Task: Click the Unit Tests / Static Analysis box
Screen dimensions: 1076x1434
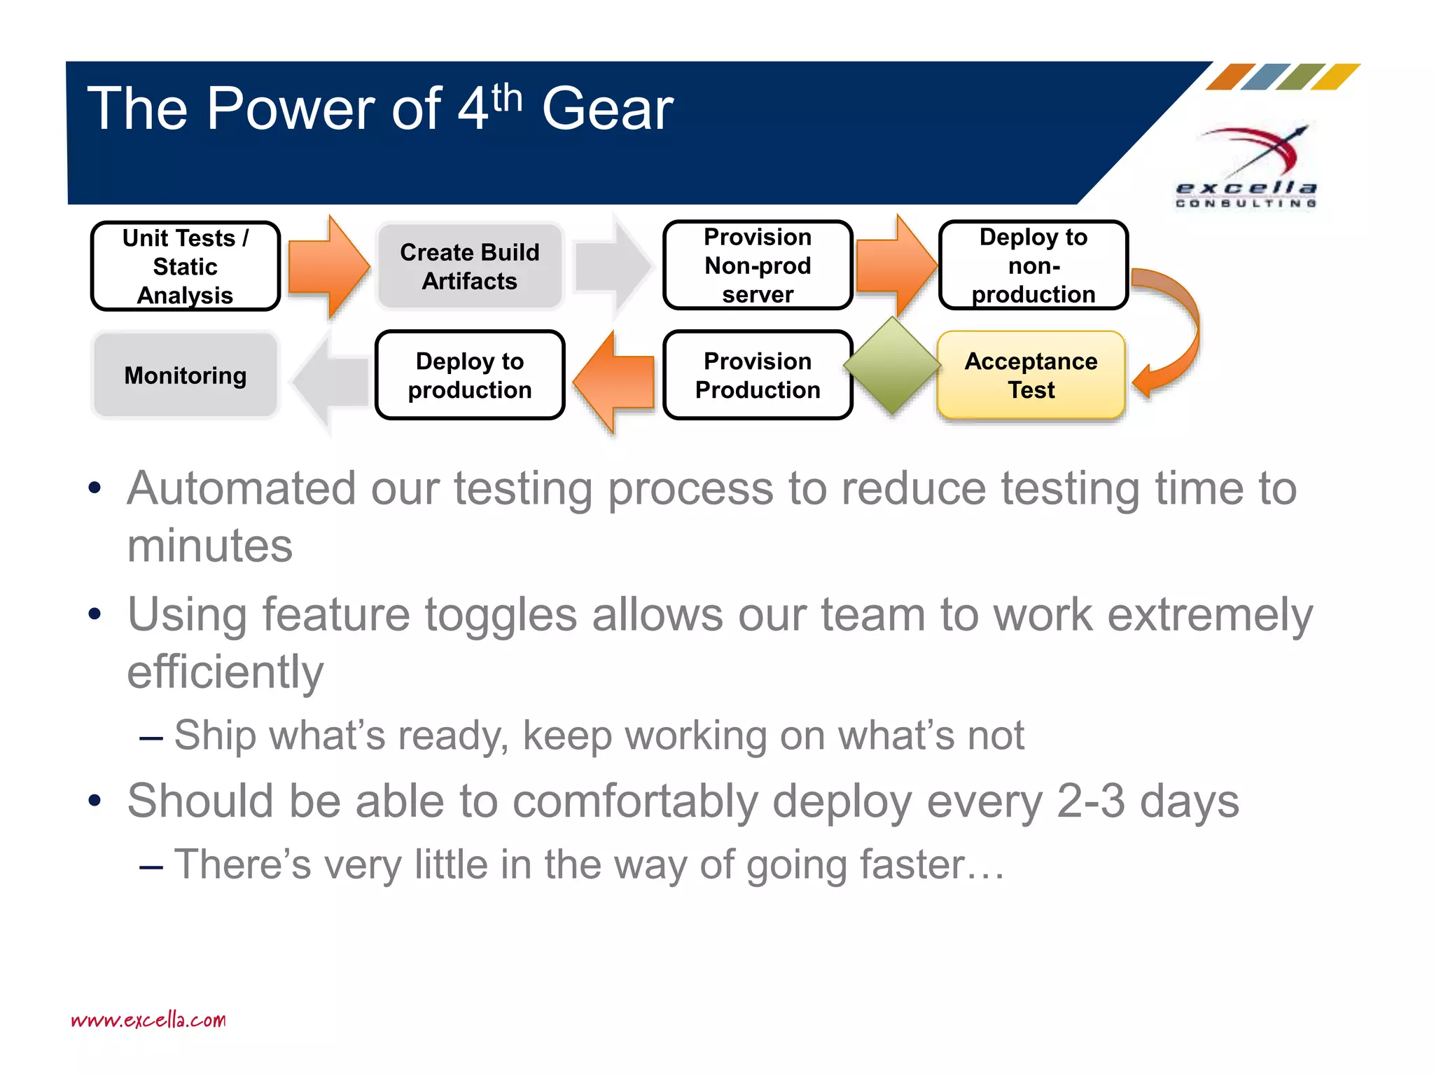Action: (186, 266)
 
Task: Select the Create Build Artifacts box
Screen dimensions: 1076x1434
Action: (469, 266)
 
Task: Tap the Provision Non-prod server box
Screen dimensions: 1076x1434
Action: (758, 265)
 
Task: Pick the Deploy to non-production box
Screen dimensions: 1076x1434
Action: (1033, 265)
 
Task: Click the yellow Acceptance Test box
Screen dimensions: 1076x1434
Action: (1031, 375)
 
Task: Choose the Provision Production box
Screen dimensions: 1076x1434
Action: (758, 375)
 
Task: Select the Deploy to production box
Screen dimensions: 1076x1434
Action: (469, 375)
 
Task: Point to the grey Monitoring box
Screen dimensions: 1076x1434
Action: (186, 375)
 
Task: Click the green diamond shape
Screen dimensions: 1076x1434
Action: (892, 365)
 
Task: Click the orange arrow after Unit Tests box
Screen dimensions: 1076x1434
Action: (328, 266)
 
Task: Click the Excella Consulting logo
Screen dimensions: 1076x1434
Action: (1247, 168)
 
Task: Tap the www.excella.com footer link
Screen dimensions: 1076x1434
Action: (148, 1020)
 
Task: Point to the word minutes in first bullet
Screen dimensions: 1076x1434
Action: (209, 546)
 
